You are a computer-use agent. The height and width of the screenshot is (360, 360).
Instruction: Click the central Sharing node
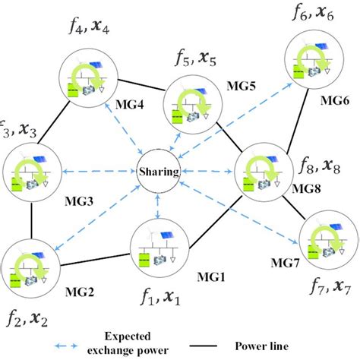point(159,172)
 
